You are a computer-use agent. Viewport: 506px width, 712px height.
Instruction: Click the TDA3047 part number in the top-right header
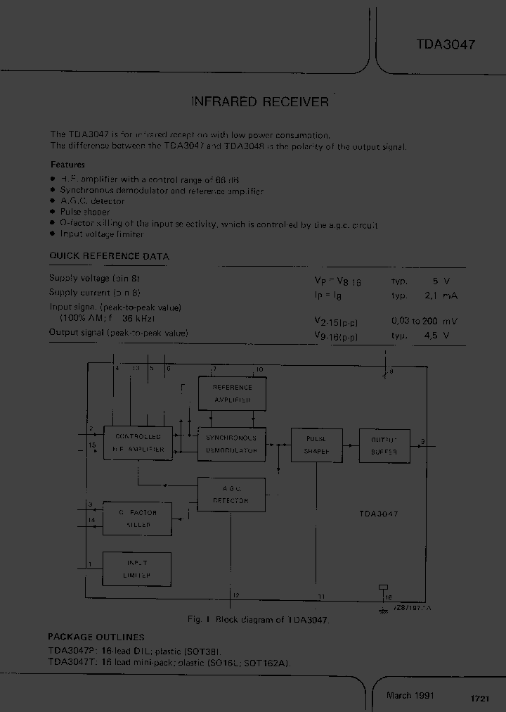click(446, 44)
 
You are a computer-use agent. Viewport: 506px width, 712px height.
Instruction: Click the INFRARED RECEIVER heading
click(260, 102)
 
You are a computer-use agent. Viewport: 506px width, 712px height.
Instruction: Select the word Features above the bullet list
click(67, 164)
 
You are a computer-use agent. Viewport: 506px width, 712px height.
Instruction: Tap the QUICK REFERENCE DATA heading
click(109, 257)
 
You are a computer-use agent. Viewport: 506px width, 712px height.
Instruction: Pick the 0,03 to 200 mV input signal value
click(424, 321)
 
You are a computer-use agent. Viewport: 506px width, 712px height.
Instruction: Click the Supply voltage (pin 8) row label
click(99, 279)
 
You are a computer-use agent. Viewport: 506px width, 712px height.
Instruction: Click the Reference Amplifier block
click(232, 394)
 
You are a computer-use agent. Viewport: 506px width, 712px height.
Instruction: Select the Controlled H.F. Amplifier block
click(138, 443)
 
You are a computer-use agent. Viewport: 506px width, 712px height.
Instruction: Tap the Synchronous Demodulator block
click(232, 444)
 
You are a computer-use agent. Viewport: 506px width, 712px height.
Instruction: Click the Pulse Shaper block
click(316, 445)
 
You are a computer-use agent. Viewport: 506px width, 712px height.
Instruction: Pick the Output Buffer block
click(384, 445)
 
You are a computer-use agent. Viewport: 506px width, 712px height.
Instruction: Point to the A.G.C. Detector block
click(231, 495)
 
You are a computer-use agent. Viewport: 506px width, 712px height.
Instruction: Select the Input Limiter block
click(137, 569)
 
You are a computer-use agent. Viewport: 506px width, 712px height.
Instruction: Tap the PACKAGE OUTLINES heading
click(96, 637)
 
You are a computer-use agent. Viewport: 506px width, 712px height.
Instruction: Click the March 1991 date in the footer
click(410, 696)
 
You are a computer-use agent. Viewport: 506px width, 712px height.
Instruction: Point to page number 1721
click(479, 699)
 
